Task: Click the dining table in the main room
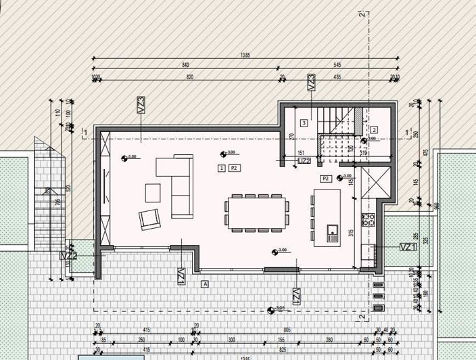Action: click(x=257, y=211)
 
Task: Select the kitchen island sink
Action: click(x=333, y=233)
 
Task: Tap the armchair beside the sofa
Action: click(x=150, y=219)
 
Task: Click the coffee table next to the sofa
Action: click(x=153, y=193)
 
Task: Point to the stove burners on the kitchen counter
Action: click(x=368, y=219)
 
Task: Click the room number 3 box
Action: click(x=304, y=122)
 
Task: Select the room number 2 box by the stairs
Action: click(x=374, y=130)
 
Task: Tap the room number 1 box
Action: click(x=222, y=166)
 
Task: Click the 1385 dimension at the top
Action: click(x=245, y=55)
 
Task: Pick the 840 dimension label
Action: click(x=185, y=65)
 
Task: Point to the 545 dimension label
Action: click(x=337, y=65)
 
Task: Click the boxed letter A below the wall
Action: click(x=204, y=285)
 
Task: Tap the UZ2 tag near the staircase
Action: click(x=305, y=161)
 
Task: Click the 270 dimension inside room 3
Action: click(x=292, y=137)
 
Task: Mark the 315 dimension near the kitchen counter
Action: click(x=352, y=233)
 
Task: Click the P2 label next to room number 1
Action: click(x=235, y=166)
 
